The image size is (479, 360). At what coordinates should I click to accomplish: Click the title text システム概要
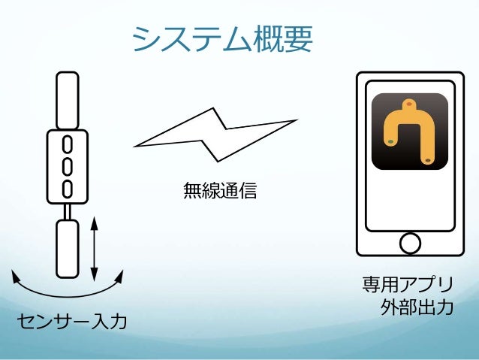[x=221, y=39]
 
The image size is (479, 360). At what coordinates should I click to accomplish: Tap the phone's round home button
[x=410, y=243]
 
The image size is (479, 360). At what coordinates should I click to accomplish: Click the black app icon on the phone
[x=409, y=132]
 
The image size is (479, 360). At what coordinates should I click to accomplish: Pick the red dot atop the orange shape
[x=409, y=104]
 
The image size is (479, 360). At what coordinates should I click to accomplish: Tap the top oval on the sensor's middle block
[x=67, y=144]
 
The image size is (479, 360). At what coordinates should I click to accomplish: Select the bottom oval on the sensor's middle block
[x=67, y=187]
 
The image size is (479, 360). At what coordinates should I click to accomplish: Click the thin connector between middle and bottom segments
[x=67, y=211]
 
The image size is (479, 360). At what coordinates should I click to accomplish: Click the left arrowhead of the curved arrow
[x=15, y=277]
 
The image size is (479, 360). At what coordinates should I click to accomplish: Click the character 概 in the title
[x=263, y=39]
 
